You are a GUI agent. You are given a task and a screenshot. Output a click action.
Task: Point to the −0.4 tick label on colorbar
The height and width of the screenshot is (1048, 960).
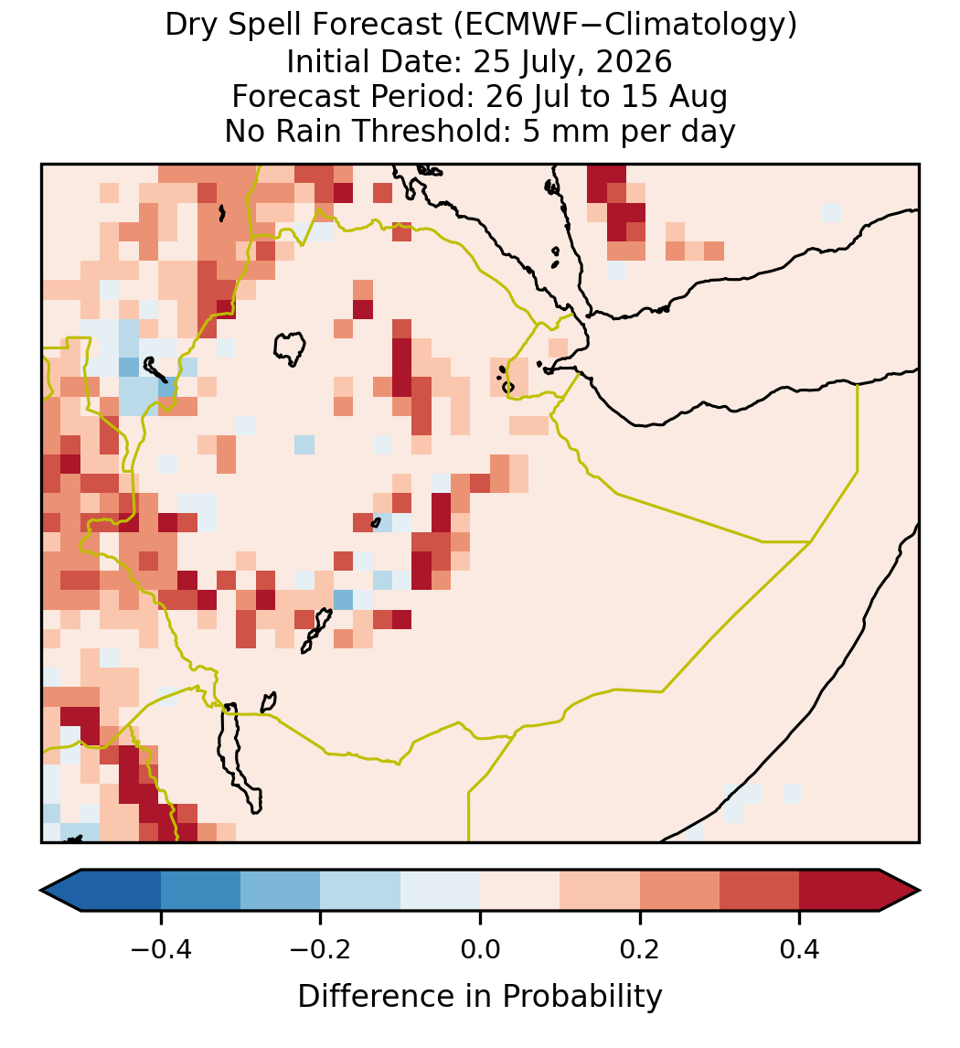pyautogui.click(x=161, y=948)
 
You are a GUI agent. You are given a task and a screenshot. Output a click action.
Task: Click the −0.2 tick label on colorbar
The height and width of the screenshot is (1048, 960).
pyautogui.click(x=321, y=948)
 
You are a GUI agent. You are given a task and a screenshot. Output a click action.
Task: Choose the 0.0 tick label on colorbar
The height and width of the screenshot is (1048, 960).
pyautogui.click(x=480, y=948)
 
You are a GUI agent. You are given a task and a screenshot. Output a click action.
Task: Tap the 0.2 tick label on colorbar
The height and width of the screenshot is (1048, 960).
pyautogui.click(x=640, y=948)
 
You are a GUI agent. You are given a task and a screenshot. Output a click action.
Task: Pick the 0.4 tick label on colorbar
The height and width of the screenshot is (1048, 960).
pyautogui.click(x=800, y=948)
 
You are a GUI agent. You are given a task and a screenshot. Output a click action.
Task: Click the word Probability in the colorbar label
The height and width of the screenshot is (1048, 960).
pyautogui.click(x=581, y=997)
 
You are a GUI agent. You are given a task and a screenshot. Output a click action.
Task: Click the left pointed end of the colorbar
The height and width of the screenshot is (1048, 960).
pyautogui.click(x=41, y=891)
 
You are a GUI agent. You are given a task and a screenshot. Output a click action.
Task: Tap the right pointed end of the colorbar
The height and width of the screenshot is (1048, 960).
pyautogui.click(x=920, y=891)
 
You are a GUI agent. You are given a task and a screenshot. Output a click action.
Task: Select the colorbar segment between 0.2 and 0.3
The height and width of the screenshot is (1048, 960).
pyautogui.click(x=680, y=891)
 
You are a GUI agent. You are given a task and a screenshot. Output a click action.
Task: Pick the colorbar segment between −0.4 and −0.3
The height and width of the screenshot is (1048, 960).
pyautogui.click(x=201, y=891)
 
